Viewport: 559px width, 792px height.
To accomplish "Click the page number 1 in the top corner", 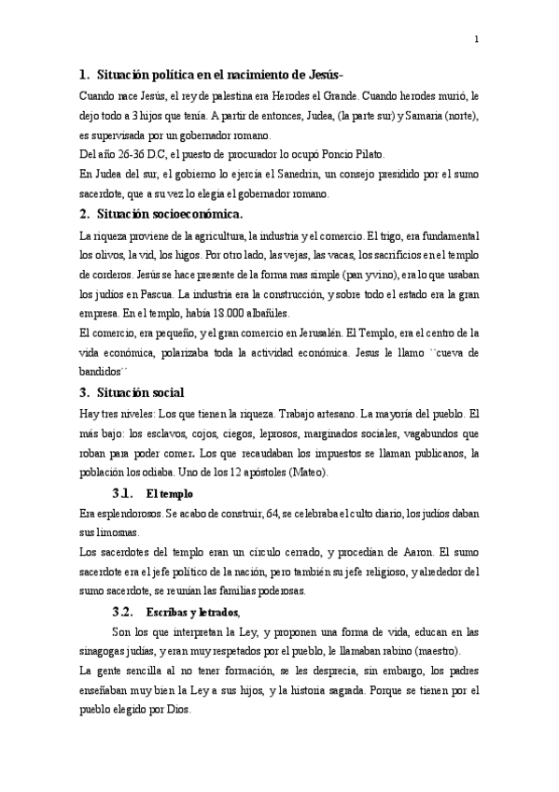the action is click(476, 39).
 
